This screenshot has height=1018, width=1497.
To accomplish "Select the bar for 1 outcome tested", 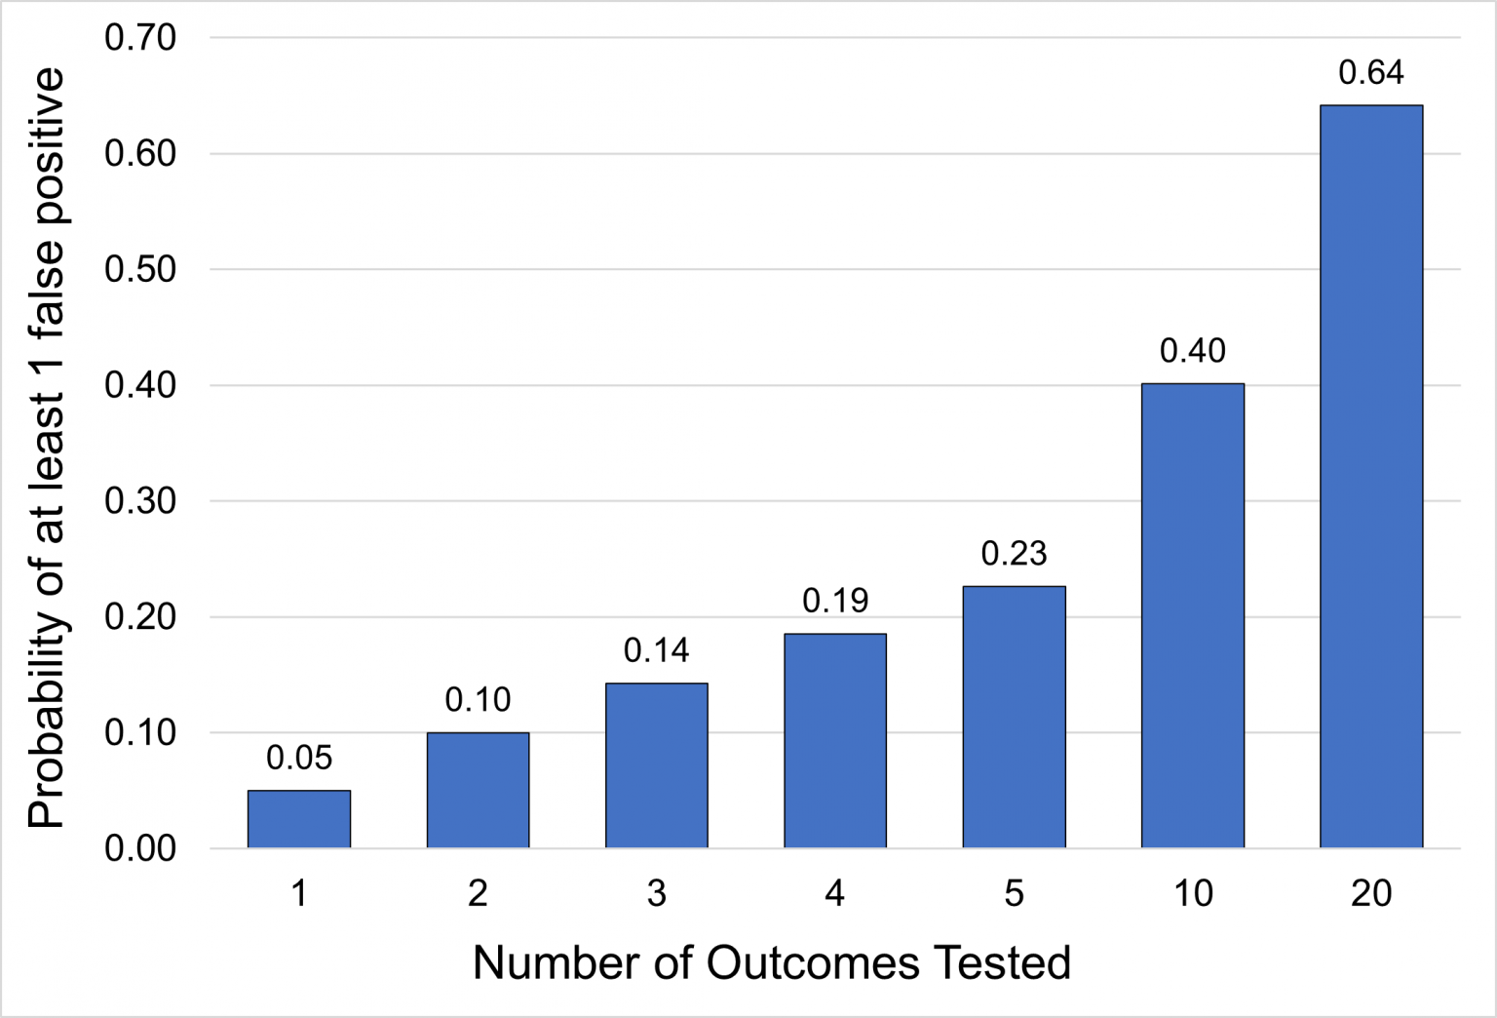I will pos(298,819).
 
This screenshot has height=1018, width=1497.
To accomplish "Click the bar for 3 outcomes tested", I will pos(656,765).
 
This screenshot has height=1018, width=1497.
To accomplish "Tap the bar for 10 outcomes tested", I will pos(1192,615).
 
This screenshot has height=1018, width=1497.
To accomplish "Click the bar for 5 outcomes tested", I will pos(1014,717).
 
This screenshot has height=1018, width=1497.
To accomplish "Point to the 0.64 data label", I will pos(1370,73).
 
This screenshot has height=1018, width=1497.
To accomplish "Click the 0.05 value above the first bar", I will pos(298,758).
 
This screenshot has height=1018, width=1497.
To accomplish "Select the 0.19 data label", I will pos(835,601).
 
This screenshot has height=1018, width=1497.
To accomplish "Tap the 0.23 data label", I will pos(1014,554).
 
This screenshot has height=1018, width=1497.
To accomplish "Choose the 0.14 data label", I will pos(656,650).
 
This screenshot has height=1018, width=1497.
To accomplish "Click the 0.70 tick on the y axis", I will pos(140,38).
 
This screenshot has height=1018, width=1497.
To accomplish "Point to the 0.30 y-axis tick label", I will pos(140,501).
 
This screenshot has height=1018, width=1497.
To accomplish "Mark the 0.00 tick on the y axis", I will pos(140,848).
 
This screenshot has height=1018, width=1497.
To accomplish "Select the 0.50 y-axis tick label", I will pos(140,269).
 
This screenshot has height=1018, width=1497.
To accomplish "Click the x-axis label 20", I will pos(1370,893).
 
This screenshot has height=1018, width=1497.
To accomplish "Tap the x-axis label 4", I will pos(835,893).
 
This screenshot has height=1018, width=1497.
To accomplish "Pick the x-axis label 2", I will pos(478,893).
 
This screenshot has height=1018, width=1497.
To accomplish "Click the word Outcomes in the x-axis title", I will pos(813,963).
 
